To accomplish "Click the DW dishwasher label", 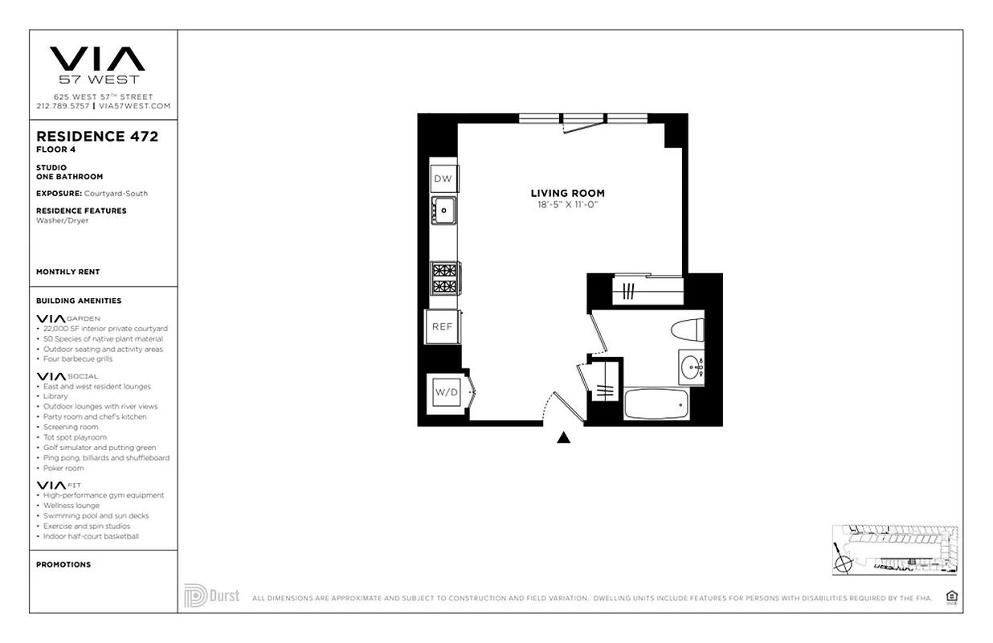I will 443,178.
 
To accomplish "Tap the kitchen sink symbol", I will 443,211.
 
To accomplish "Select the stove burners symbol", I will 444,277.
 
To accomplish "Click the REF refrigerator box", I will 443,326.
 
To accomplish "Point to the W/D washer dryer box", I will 445,392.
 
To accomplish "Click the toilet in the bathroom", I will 688,330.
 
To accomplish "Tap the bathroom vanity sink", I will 690,369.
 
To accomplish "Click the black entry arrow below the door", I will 564,437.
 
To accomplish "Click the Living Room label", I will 567,193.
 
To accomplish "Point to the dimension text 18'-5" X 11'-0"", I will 567,205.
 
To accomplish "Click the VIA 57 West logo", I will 97,65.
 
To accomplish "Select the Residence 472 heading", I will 97,137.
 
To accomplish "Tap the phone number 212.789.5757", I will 63,106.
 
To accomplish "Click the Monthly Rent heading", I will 68,272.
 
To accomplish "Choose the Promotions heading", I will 63,564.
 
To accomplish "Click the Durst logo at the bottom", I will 212,596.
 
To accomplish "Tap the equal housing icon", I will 952,596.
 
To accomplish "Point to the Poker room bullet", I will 63,468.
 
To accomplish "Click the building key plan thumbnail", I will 894,551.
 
